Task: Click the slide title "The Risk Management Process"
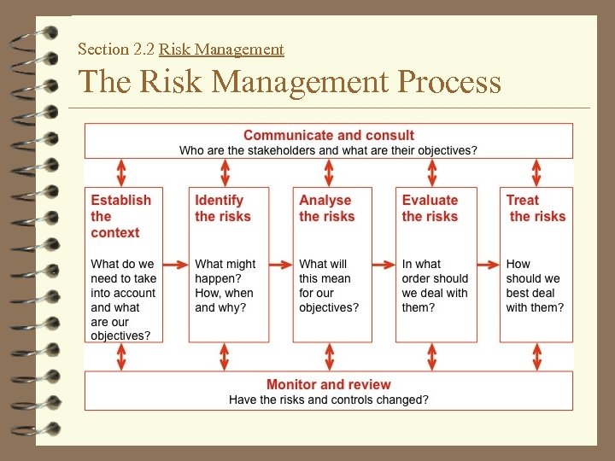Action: tap(289, 83)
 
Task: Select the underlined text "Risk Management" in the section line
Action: tap(221, 50)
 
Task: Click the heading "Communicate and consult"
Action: tap(328, 135)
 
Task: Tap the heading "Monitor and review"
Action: tap(328, 385)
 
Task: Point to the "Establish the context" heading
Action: tap(120, 216)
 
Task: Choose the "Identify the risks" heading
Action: tap(222, 208)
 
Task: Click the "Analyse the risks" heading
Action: tap(326, 208)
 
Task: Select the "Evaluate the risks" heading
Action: tap(430, 208)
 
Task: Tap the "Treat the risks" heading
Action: tap(536, 208)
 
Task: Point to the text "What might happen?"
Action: tap(225, 271)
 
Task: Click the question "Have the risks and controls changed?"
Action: tap(328, 400)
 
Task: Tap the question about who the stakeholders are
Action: tap(328, 150)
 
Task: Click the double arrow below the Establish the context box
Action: tap(120, 357)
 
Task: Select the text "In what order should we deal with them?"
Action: tap(434, 286)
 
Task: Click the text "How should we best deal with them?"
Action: tap(535, 286)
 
